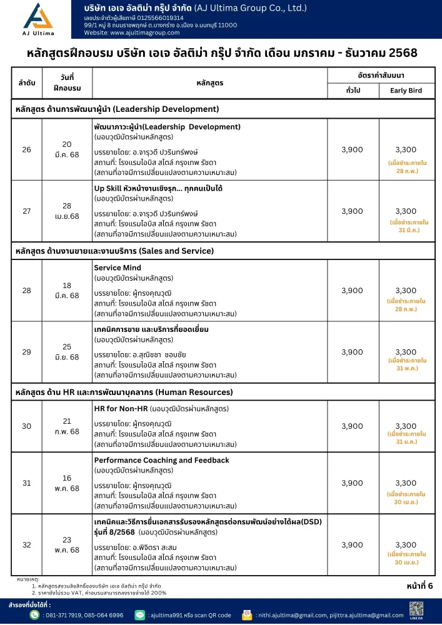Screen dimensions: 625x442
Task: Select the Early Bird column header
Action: click(x=406, y=91)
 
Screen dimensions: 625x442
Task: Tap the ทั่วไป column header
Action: click(x=353, y=91)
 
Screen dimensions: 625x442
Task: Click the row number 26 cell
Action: click(x=26, y=149)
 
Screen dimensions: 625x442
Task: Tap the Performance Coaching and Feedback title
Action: click(x=161, y=460)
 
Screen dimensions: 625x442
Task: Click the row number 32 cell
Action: click(x=26, y=545)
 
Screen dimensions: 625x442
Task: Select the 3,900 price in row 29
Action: click(x=352, y=352)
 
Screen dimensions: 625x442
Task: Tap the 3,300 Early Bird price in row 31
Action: click(x=406, y=483)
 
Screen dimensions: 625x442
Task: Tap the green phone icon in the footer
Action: click(x=35, y=615)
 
